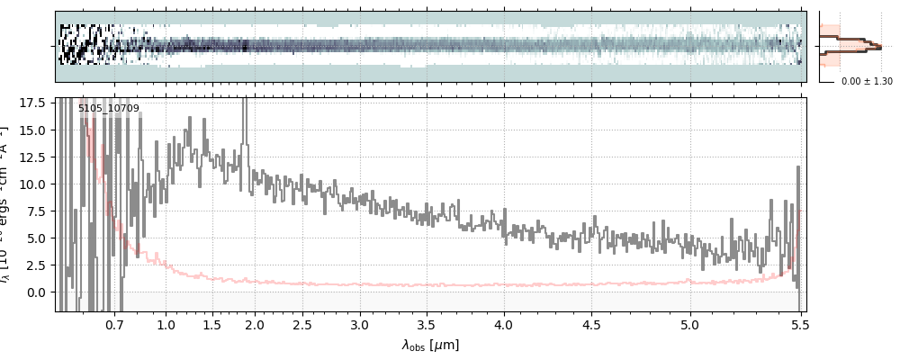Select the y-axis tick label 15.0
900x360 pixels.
pos(34,130)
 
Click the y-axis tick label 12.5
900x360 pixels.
pos(34,157)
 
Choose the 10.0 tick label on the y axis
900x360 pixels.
pos(34,184)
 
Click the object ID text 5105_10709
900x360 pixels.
pos(108,109)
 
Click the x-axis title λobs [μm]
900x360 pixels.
pos(430,346)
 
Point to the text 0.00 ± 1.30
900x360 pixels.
pos(867,81)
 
